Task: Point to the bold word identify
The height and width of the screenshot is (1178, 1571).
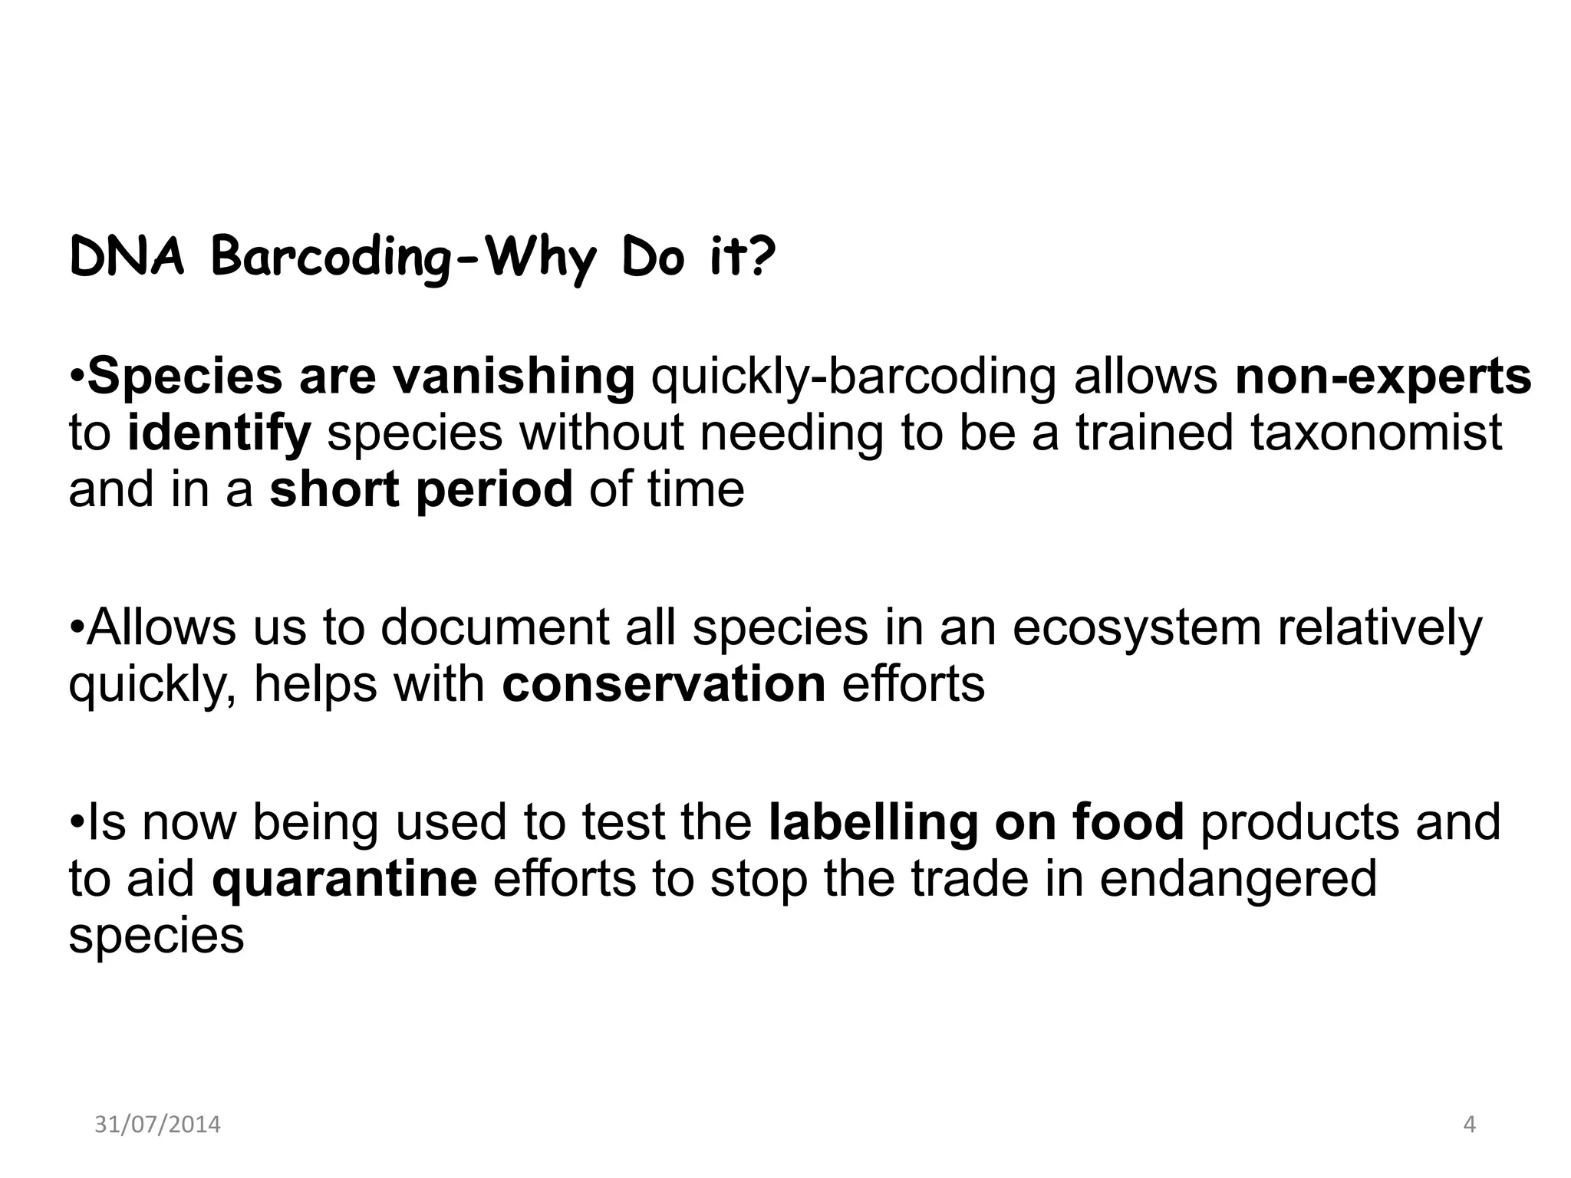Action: [x=219, y=433]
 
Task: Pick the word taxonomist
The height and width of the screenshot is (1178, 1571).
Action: [x=1376, y=433]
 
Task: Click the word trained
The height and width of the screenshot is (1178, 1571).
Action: [x=1154, y=433]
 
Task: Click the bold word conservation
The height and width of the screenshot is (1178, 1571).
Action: [x=664, y=684]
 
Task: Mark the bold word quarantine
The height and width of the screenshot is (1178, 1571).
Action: [x=344, y=879]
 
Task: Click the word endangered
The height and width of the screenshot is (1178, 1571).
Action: [x=1238, y=879]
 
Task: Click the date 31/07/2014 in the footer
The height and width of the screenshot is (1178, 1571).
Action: [x=157, y=1124]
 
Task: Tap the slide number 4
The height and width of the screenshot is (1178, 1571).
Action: [x=1469, y=1124]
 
